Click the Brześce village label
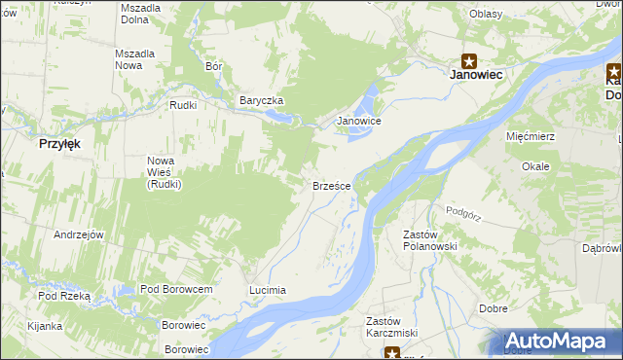(332, 185)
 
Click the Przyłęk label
(58, 142)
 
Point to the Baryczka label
(261, 100)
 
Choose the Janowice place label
(358, 121)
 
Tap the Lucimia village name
(267, 290)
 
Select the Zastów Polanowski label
(429, 239)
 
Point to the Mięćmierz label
(531, 136)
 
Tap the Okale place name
(535, 166)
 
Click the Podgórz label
(464, 210)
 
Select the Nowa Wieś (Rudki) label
(161, 172)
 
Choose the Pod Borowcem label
(176, 289)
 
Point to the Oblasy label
(485, 14)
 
